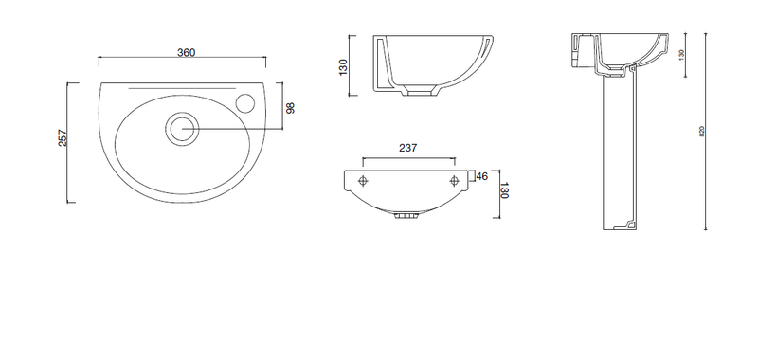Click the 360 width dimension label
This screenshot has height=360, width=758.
[x=186, y=52]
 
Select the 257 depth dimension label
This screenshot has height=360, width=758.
[x=63, y=137]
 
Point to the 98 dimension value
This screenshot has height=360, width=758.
[x=290, y=108]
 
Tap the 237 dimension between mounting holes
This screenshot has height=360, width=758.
[x=408, y=149]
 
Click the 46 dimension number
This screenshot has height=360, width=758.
[x=482, y=176]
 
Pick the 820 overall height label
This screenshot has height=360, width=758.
[x=702, y=131]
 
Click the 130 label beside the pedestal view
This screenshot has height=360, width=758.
[x=681, y=54]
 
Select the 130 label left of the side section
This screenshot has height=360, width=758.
[x=343, y=67]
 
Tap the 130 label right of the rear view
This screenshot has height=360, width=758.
[x=505, y=190]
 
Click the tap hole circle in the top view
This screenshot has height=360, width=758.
[x=246, y=101]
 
